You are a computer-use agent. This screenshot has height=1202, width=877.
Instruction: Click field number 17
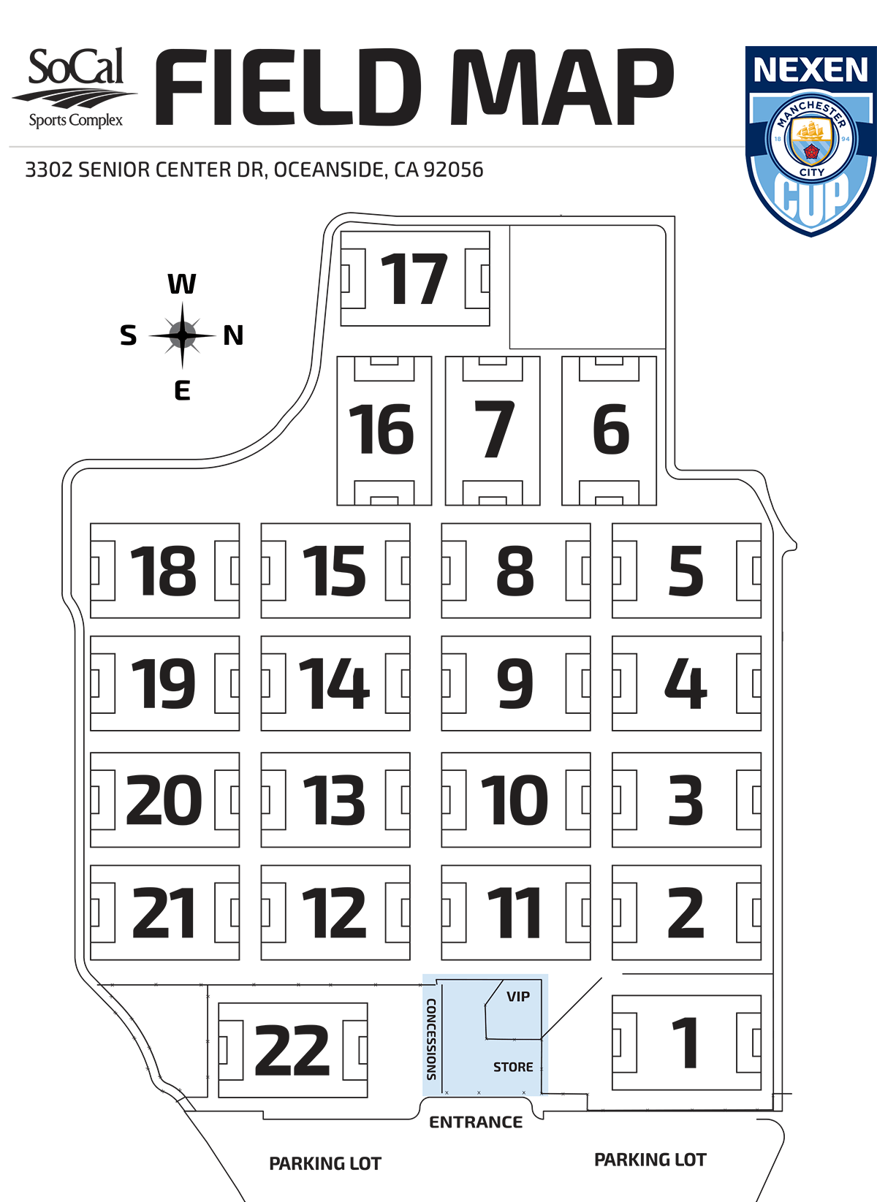(414, 279)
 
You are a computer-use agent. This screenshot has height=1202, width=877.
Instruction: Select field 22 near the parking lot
(292, 1050)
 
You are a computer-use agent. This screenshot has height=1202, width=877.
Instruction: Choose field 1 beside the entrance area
(686, 1043)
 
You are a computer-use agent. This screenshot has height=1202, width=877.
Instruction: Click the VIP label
(518, 997)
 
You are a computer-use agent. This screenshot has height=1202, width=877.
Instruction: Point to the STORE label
(513, 1067)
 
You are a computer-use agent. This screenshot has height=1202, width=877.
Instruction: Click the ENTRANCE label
(476, 1122)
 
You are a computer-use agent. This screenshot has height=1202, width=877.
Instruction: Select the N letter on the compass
(233, 335)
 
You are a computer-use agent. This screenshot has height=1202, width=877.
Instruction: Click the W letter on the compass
(182, 284)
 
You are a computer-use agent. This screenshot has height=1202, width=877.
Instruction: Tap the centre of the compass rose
(182, 335)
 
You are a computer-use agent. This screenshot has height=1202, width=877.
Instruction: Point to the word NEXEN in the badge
(810, 70)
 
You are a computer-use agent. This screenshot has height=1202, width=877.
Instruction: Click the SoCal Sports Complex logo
(75, 88)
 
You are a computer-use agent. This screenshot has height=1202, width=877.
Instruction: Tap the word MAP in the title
(561, 88)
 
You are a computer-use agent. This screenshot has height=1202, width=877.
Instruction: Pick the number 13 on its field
(334, 800)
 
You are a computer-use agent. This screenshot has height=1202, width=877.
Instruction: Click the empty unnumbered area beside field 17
(587, 286)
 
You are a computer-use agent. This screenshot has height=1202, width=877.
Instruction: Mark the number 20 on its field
(164, 800)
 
